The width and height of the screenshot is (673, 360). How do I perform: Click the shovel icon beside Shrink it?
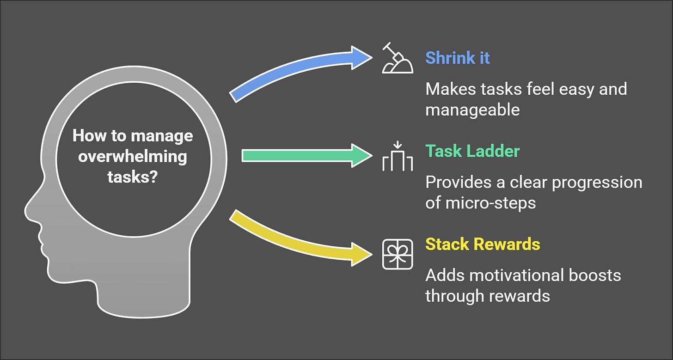[397, 59]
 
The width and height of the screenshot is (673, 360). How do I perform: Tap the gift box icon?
[397, 254]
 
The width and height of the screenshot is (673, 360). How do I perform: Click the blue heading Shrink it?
[457, 58]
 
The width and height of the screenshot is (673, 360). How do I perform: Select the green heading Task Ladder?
[472, 151]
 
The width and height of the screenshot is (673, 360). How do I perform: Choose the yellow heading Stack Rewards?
[482, 244]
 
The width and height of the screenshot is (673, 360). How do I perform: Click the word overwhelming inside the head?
[133, 156]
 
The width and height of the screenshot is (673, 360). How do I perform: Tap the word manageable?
[472, 110]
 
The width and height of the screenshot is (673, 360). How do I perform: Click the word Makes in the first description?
[448, 89]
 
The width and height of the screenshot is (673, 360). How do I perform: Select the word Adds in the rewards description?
[443, 275]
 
